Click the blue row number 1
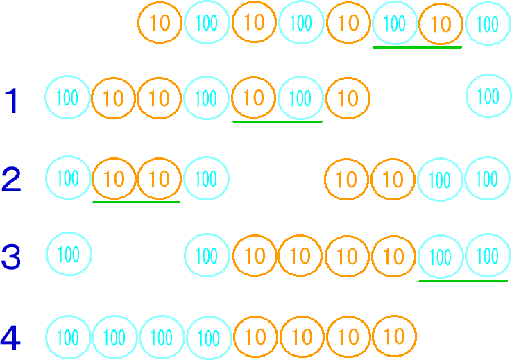12,101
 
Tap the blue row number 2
12,180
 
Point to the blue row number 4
10,338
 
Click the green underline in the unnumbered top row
417,47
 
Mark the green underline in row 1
278,121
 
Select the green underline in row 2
137,202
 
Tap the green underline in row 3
463,281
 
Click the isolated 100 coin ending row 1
488,96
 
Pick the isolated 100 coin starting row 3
68,255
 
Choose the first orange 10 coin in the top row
160,23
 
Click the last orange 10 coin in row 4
394,337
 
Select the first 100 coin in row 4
68,338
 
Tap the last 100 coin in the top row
488,24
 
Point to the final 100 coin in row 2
487,179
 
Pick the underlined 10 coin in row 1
254,98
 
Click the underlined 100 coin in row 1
300,98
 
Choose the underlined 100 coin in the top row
394,24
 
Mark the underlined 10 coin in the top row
441,24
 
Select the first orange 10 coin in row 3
255,256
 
